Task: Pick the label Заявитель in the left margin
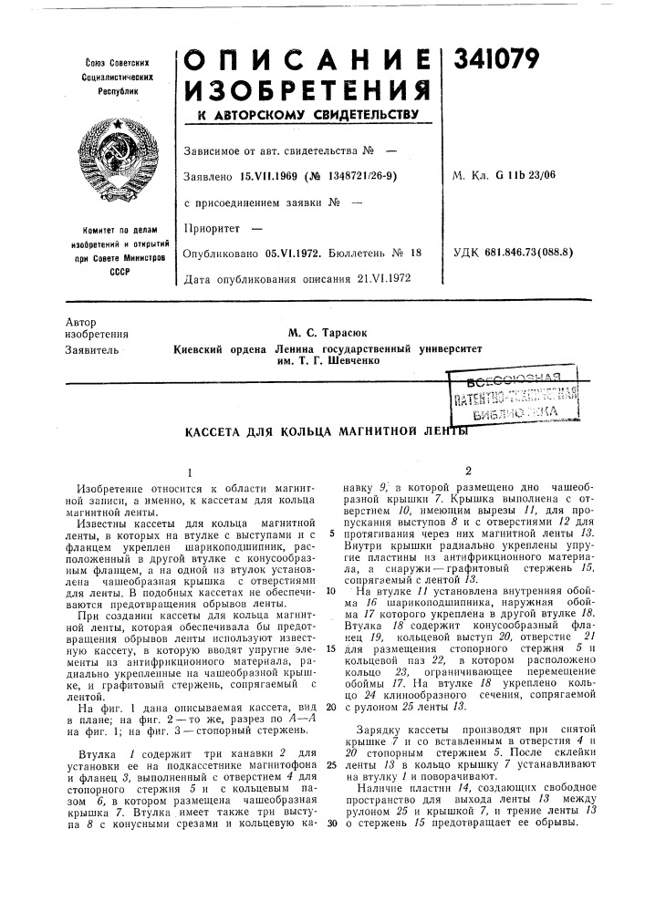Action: click(x=90, y=349)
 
